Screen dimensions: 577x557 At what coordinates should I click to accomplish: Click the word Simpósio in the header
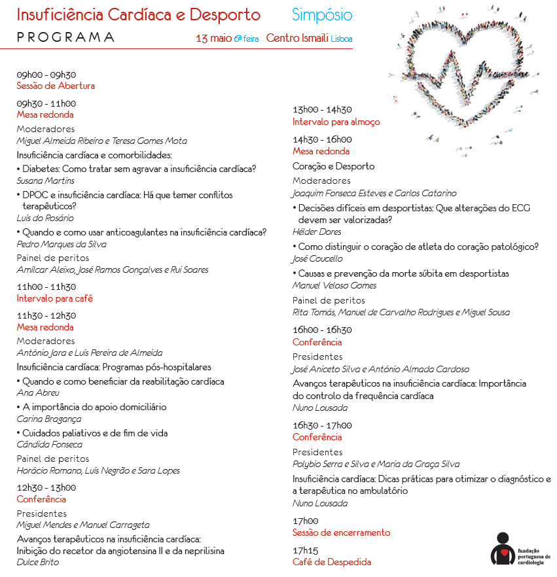coord(322,16)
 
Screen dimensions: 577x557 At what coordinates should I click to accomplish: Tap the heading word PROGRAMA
coord(65,37)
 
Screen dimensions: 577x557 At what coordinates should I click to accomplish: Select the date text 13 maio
coord(213,39)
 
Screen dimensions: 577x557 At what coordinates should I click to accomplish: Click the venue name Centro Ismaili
coord(297,39)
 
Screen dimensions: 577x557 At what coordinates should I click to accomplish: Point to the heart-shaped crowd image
coord(465,75)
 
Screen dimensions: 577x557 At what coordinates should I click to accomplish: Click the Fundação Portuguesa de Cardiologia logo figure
coord(502,548)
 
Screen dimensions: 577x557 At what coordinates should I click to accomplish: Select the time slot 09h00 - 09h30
coord(46,75)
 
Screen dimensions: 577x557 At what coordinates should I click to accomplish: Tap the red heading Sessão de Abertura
coord(56,86)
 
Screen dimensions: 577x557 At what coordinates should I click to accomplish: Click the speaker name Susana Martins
coord(45,181)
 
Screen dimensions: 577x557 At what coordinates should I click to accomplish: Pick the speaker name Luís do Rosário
coord(45,218)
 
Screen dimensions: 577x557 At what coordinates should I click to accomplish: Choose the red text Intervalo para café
coord(55,298)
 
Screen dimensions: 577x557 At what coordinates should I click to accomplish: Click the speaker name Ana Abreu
coord(38,393)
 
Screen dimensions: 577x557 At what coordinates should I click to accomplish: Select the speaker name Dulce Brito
coord(37,562)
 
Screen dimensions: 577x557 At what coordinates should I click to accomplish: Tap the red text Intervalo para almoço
coord(336,122)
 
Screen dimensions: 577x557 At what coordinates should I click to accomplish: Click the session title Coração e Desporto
coord(333,166)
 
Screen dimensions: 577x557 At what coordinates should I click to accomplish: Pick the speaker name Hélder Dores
coord(317,232)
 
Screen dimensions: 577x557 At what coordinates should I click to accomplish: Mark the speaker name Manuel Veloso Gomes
coord(334,285)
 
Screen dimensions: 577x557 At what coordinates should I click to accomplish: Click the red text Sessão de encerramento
coord(341,533)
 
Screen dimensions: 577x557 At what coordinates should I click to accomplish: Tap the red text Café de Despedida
coord(331,562)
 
